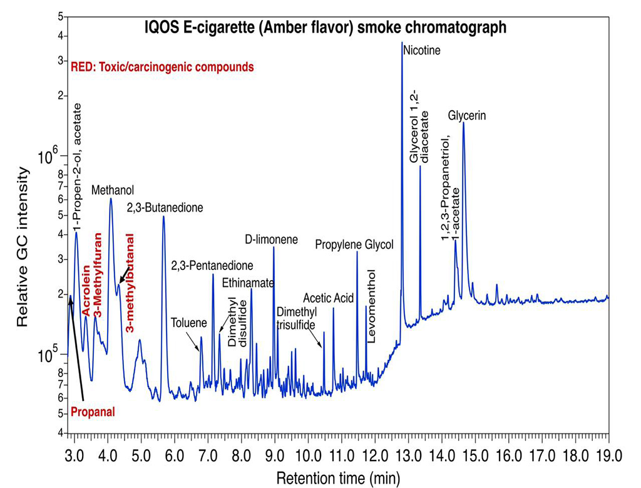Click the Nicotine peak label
tap(422, 50)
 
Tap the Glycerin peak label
tap(467, 116)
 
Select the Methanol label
tap(113, 190)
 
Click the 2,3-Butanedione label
tap(165, 207)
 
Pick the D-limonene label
tap(271, 240)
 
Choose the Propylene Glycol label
tap(354, 245)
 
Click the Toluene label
tap(188, 323)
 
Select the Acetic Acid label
tap(329, 297)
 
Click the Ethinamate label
tap(248, 283)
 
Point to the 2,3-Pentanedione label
tap(212, 266)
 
